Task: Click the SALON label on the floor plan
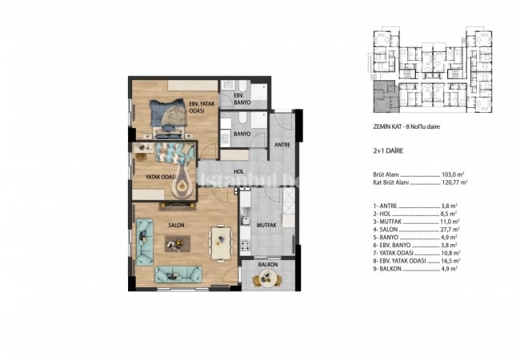[177, 225]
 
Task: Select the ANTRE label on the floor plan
[282, 145]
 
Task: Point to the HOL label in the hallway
[238, 170]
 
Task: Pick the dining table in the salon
[220, 238]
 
